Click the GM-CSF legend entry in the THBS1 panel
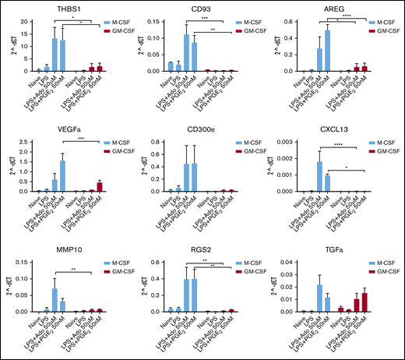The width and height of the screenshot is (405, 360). coord(118,24)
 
